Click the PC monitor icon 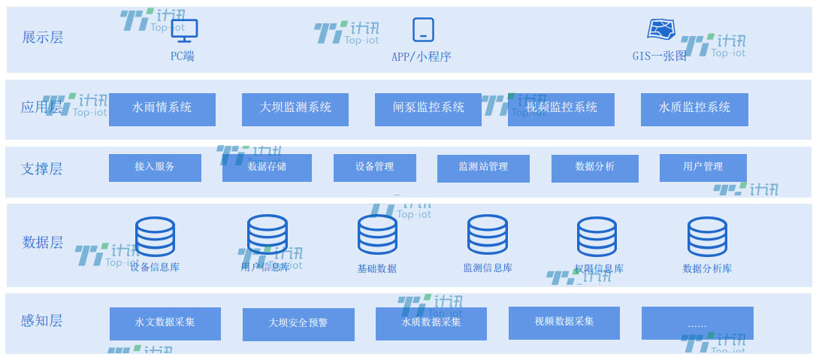point(184,31)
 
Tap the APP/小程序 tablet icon point(423,30)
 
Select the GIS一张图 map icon point(661,30)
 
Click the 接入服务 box point(155,168)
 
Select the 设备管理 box point(375,168)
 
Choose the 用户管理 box point(703,168)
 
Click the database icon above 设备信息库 point(155,236)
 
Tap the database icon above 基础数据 point(377,234)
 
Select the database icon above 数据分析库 point(707,236)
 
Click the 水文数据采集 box point(165,323)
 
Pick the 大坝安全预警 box point(298,324)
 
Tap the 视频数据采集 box point(564,322)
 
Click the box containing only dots point(697,323)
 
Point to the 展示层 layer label point(42,38)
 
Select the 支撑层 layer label point(41,169)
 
